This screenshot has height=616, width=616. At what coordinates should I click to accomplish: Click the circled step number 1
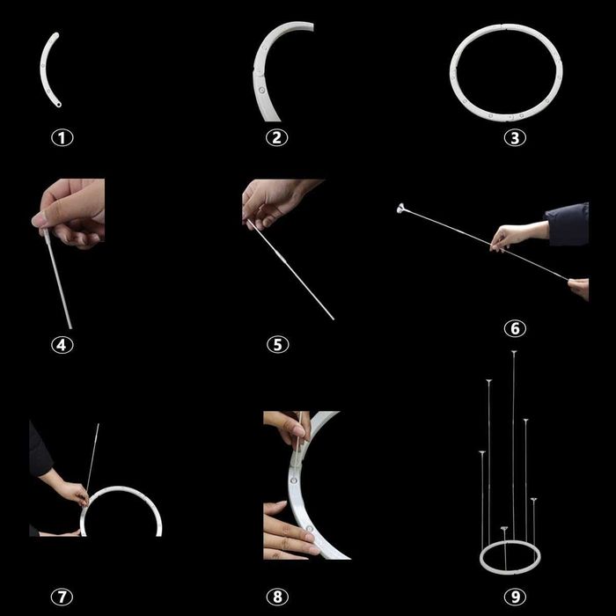(62, 138)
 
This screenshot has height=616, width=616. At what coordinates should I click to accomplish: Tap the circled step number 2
(277, 137)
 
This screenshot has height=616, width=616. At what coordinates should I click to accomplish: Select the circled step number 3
(515, 138)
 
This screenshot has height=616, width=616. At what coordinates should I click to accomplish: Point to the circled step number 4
(62, 345)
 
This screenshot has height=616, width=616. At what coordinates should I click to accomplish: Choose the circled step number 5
(278, 345)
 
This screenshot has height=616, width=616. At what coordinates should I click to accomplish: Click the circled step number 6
(515, 328)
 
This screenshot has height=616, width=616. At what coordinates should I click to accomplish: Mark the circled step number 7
(62, 597)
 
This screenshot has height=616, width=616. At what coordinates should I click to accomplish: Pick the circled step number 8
(277, 597)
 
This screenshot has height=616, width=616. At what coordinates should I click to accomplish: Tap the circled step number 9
(515, 597)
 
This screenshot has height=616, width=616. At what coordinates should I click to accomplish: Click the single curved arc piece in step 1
(42, 70)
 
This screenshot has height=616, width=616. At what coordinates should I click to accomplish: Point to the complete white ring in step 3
(451, 73)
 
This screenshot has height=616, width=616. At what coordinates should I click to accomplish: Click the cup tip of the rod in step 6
(400, 209)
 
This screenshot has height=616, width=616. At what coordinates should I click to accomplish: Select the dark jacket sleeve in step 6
(567, 224)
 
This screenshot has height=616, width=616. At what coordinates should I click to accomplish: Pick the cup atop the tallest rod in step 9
(514, 352)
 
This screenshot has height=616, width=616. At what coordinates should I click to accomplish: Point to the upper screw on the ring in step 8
(294, 480)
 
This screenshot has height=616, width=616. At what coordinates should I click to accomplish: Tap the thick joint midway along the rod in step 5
(282, 258)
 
